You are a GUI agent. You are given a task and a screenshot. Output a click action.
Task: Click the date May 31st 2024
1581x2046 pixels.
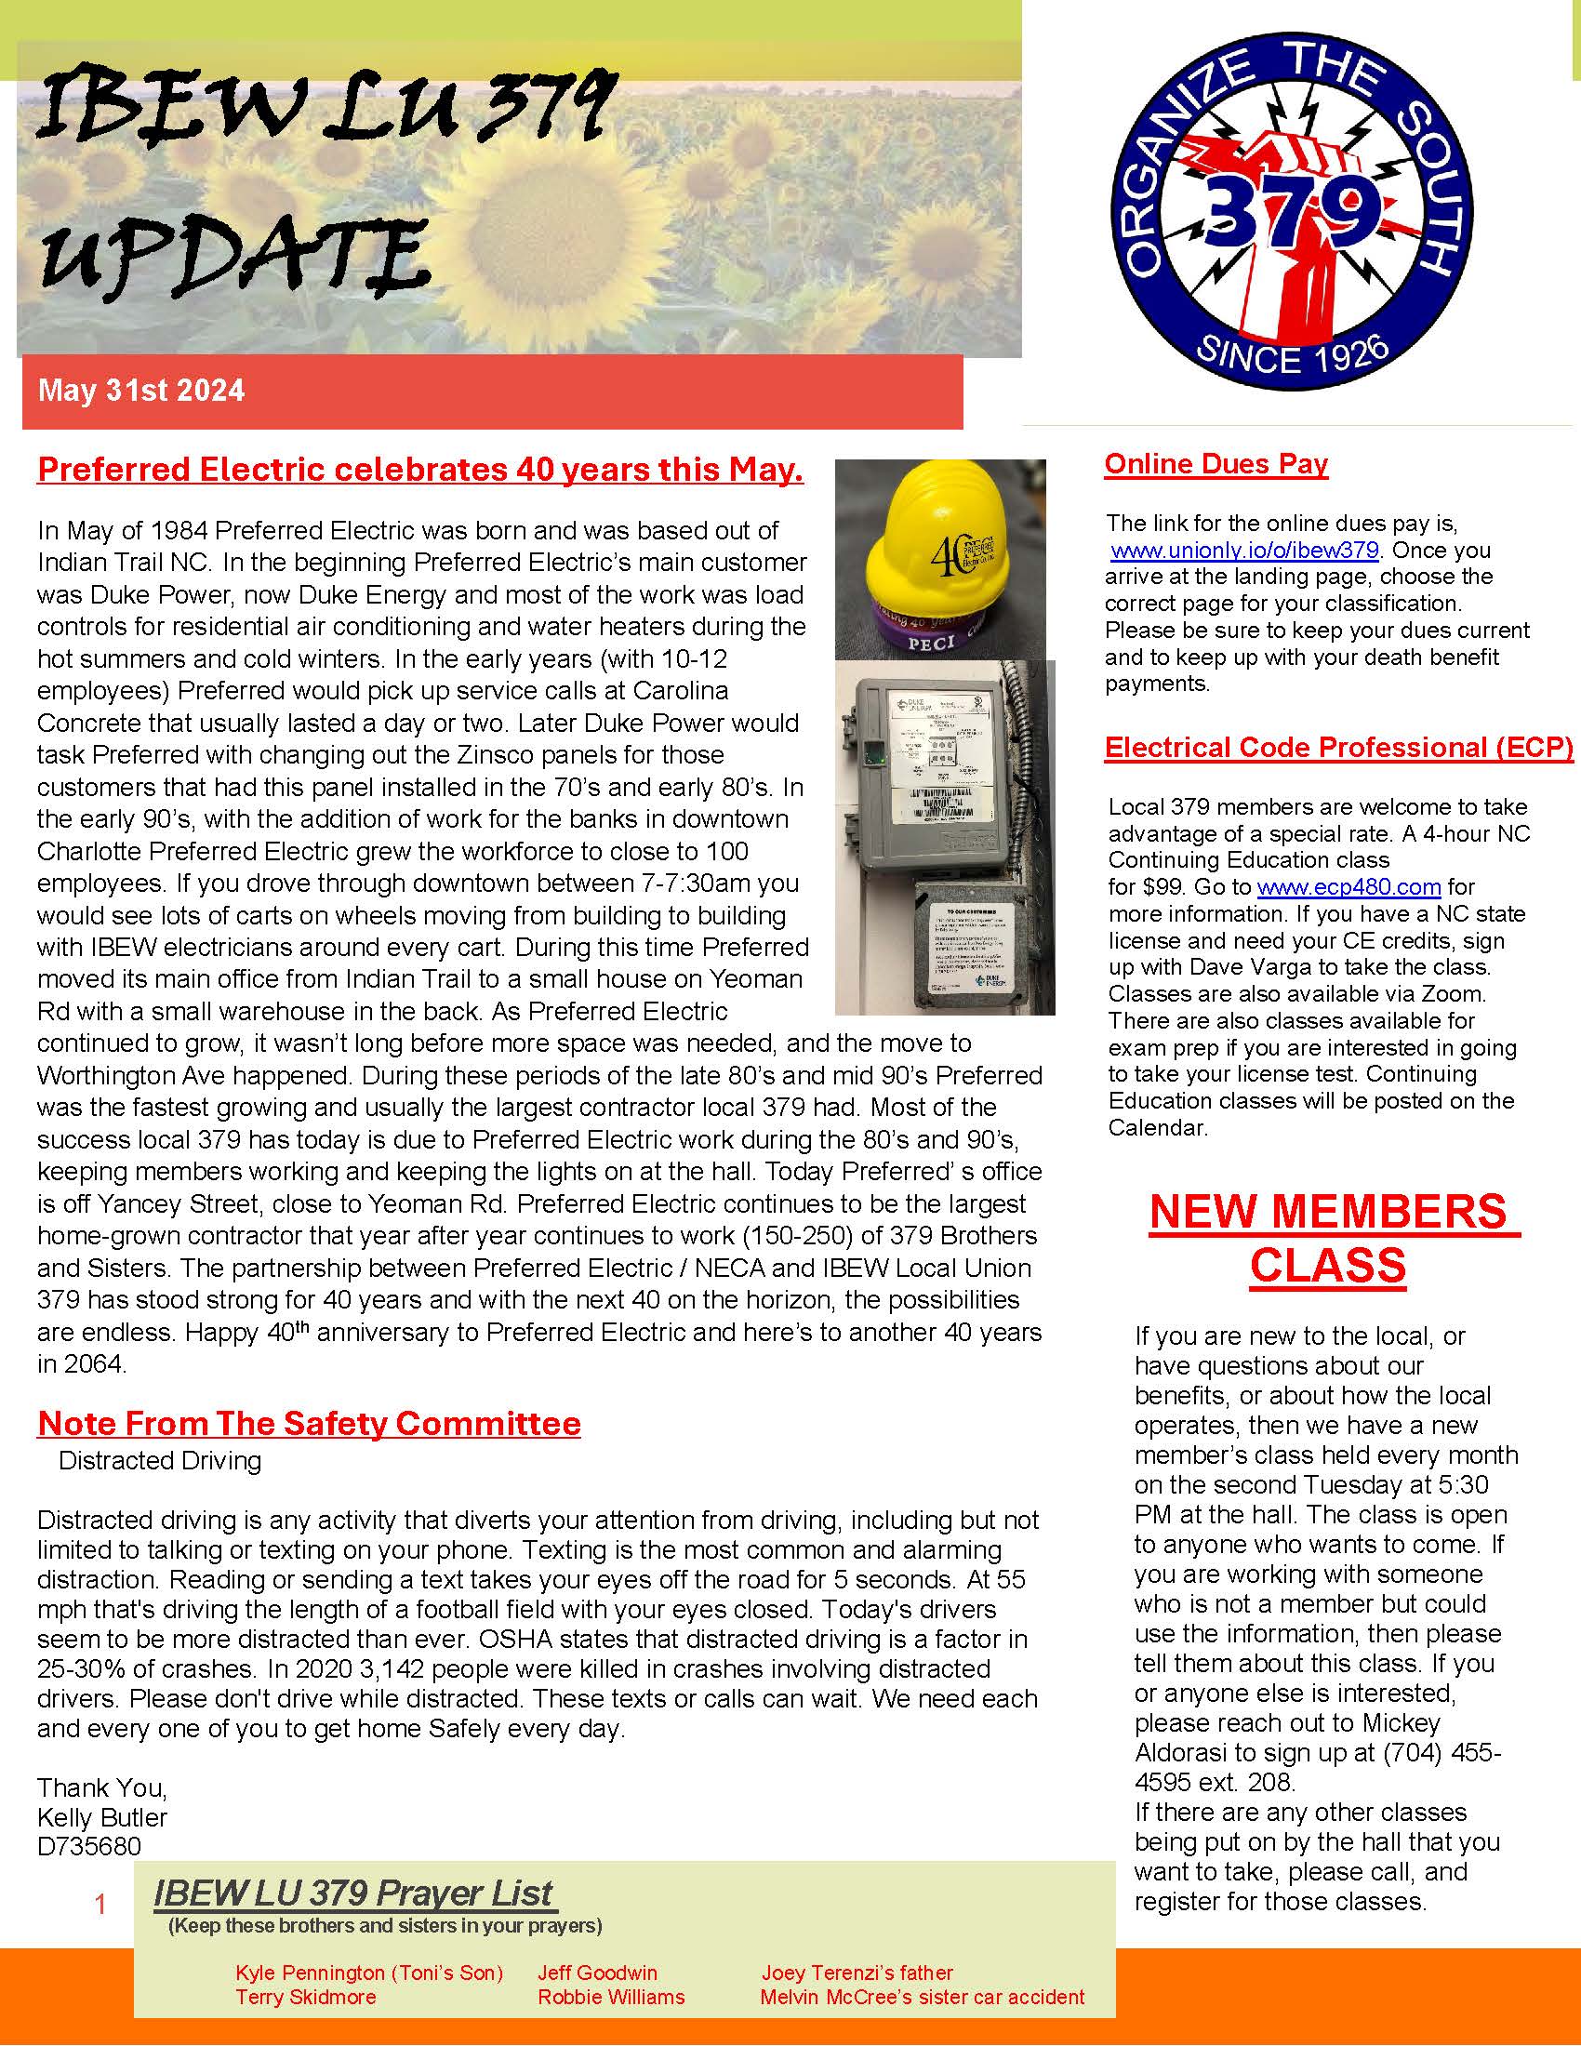coord(141,391)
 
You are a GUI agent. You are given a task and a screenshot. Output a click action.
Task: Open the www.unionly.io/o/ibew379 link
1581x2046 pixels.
coord(1243,550)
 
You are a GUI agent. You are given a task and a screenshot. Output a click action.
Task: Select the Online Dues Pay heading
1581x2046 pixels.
coord(1216,464)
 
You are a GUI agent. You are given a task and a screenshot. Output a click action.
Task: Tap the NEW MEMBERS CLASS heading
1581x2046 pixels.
coord(1328,1238)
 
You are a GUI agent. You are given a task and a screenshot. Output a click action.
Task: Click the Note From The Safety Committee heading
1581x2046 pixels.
coord(309,1423)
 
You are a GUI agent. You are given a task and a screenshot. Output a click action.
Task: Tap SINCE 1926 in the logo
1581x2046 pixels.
coord(1292,353)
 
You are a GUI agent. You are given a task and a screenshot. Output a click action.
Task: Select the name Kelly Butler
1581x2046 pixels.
coord(102,1817)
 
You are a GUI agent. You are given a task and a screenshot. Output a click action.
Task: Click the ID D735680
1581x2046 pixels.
coord(89,1846)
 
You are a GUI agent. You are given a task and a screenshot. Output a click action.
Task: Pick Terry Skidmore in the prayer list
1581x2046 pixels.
coord(305,1997)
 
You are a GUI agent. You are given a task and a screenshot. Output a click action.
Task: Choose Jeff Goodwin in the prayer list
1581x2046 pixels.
coord(598,1972)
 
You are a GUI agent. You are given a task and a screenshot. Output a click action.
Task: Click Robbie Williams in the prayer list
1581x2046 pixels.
coord(611,1997)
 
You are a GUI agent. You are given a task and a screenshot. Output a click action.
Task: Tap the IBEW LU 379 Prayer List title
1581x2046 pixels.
coord(354,1893)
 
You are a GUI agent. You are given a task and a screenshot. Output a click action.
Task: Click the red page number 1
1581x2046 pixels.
coord(101,1904)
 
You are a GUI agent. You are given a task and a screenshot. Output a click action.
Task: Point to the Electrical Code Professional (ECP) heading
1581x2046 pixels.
coord(1338,747)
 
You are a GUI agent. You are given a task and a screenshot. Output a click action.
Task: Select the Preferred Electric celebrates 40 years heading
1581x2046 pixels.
coord(420,470)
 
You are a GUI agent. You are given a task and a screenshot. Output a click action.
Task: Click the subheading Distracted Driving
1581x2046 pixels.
coord(159,1460)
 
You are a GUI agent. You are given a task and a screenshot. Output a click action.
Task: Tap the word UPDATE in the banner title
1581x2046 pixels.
coord(234,258)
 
